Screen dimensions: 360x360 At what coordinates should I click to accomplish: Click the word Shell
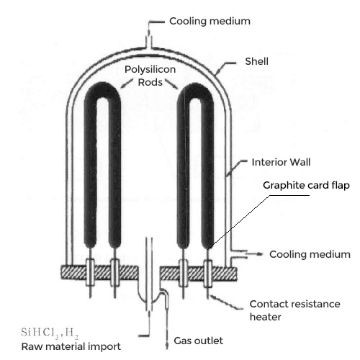(x=256, y=61)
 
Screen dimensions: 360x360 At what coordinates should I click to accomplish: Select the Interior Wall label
(x=281, y=162)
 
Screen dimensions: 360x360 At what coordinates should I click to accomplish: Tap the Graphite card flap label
(x=306, y=185)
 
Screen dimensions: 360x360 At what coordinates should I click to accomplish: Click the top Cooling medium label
(x=210, y=21)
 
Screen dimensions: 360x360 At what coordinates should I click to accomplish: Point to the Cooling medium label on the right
(x=310, y=254)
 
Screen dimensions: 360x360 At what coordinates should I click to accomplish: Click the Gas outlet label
(x=198, y=341)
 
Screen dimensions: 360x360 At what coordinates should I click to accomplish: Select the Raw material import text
(x=71, y=347)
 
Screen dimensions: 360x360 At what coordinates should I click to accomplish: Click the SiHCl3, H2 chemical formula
(x=50, y=333)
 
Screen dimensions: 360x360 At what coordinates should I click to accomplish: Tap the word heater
(x=265, y=317)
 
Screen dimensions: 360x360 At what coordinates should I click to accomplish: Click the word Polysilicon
(x=150, y=70)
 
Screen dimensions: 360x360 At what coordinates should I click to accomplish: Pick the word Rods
(x=150, y=82)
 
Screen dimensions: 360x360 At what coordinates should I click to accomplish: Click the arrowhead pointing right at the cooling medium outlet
(x=259, y=253)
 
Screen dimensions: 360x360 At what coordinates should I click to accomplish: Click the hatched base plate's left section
(x=99, y=273)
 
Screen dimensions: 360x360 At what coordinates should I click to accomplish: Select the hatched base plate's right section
(x=198, y=274)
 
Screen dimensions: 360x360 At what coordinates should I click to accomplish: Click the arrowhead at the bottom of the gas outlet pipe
(x=167, y=347)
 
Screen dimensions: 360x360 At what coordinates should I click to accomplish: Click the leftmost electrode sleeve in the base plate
(x=90, y=273)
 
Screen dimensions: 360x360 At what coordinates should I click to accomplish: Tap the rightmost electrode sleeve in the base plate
(x=208, y=274)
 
